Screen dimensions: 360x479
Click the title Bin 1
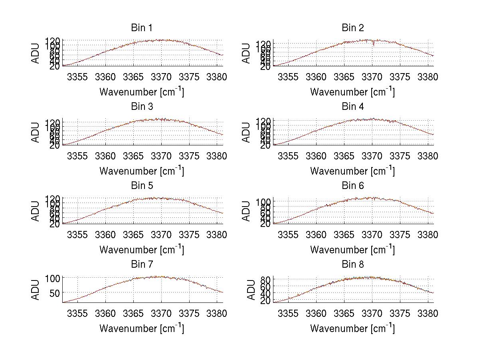pos(141,28)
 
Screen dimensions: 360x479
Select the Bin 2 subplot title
pos(352,28)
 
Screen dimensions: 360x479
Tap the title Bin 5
pos(141,186)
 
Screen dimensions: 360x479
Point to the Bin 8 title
pos(352,265)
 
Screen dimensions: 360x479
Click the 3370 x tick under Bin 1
pos(161,77)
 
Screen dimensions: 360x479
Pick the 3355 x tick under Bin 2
pos(288,77)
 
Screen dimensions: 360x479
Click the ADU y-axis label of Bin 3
pos(36,132)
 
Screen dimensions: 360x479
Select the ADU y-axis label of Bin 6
pos(246,211)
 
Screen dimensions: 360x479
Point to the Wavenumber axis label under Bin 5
pos(141,250)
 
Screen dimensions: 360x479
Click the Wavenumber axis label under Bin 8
pos(352,328)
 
